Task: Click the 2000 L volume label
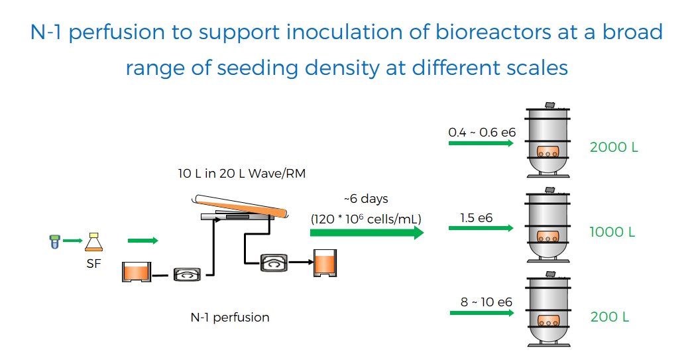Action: tap(613, 147)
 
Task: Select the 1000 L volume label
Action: tap(612, 232)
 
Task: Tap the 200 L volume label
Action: tap(610, 316)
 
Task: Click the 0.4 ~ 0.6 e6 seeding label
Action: tap(482, 132)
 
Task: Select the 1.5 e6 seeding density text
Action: tap(476, 217)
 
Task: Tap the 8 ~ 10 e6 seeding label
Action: tap(486, 302)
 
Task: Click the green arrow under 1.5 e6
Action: tap(481, 228)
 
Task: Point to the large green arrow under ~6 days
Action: tap(367, 233)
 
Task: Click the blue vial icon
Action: tap(54, 241)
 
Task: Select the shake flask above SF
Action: tap(93, 242)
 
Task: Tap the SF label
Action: tap(93, 263)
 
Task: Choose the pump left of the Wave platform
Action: tap(188, 274)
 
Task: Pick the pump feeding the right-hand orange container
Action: tap(274, 263)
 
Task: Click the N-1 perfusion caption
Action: tap(230, 317)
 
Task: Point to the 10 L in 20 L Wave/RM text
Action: tap(242, 174)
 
